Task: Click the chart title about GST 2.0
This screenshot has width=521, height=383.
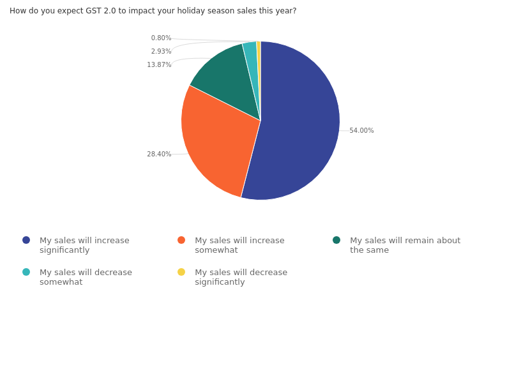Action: tap(153, 11)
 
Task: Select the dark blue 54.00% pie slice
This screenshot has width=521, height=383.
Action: tap(300, 128)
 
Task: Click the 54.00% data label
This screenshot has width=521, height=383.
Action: tap(361, 131)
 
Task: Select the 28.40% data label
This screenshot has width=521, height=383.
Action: tap(159, 154)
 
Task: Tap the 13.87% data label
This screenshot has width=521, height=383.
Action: tap(159, 65)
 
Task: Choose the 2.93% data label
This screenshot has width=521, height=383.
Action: tap(161, 52)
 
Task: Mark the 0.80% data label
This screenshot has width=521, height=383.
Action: tap(161, 38)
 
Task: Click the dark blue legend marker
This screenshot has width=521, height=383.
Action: tap(26, 240)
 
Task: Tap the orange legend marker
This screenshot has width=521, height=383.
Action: tap(181, 240)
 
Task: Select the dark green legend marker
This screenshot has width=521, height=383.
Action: tap(336, 240)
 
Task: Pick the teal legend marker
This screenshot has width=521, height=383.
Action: tap(26, 272)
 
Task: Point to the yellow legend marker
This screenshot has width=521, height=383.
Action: tap(181, 272)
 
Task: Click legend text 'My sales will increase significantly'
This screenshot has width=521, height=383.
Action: tap(84, 245)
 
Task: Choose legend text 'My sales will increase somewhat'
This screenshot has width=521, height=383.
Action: tap(239, 245)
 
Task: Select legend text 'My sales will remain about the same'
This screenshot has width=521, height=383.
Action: tap(405, 245)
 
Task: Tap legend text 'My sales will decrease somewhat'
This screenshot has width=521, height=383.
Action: tap(86, 277)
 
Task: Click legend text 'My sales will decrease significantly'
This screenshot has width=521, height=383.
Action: tap(241, 277)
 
